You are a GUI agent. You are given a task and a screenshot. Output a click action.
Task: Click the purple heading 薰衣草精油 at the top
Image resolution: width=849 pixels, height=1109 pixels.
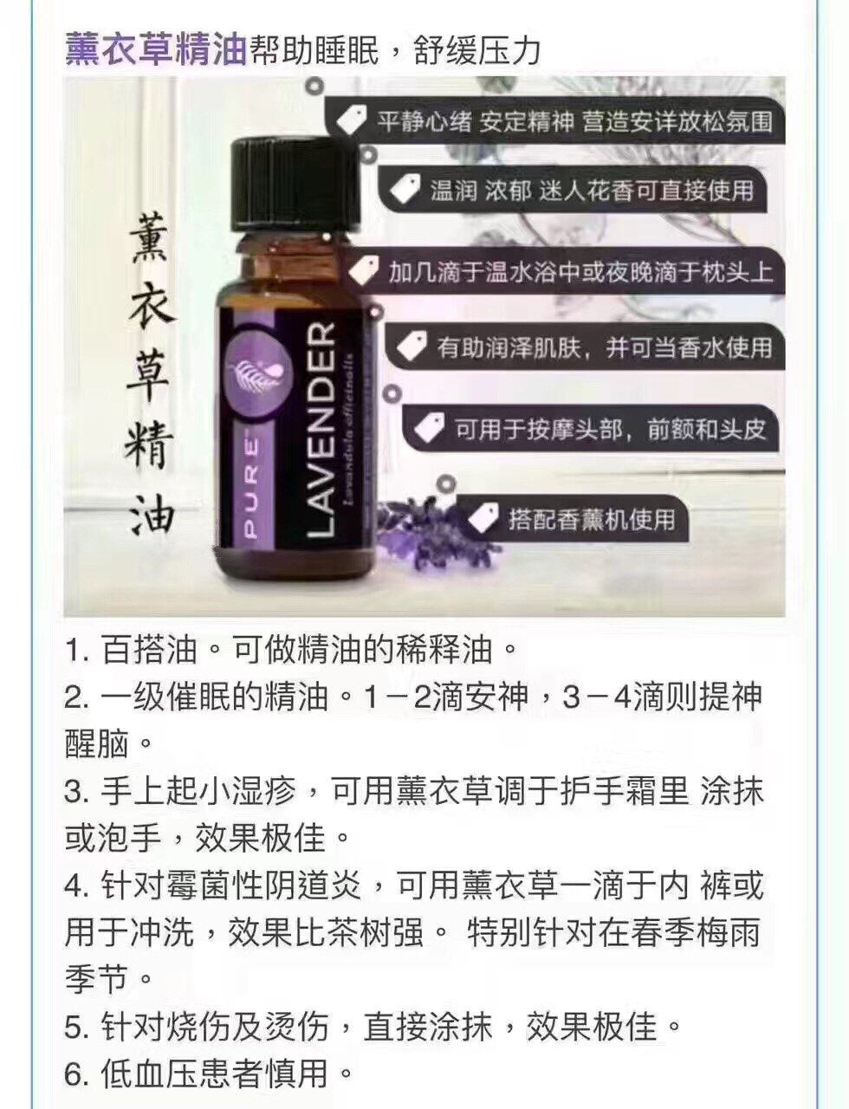pos(156,50)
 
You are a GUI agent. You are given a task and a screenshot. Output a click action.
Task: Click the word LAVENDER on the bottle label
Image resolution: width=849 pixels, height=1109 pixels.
pos(320,429)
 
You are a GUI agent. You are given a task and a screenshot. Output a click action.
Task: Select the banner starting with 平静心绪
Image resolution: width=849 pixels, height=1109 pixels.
pos(559,121)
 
